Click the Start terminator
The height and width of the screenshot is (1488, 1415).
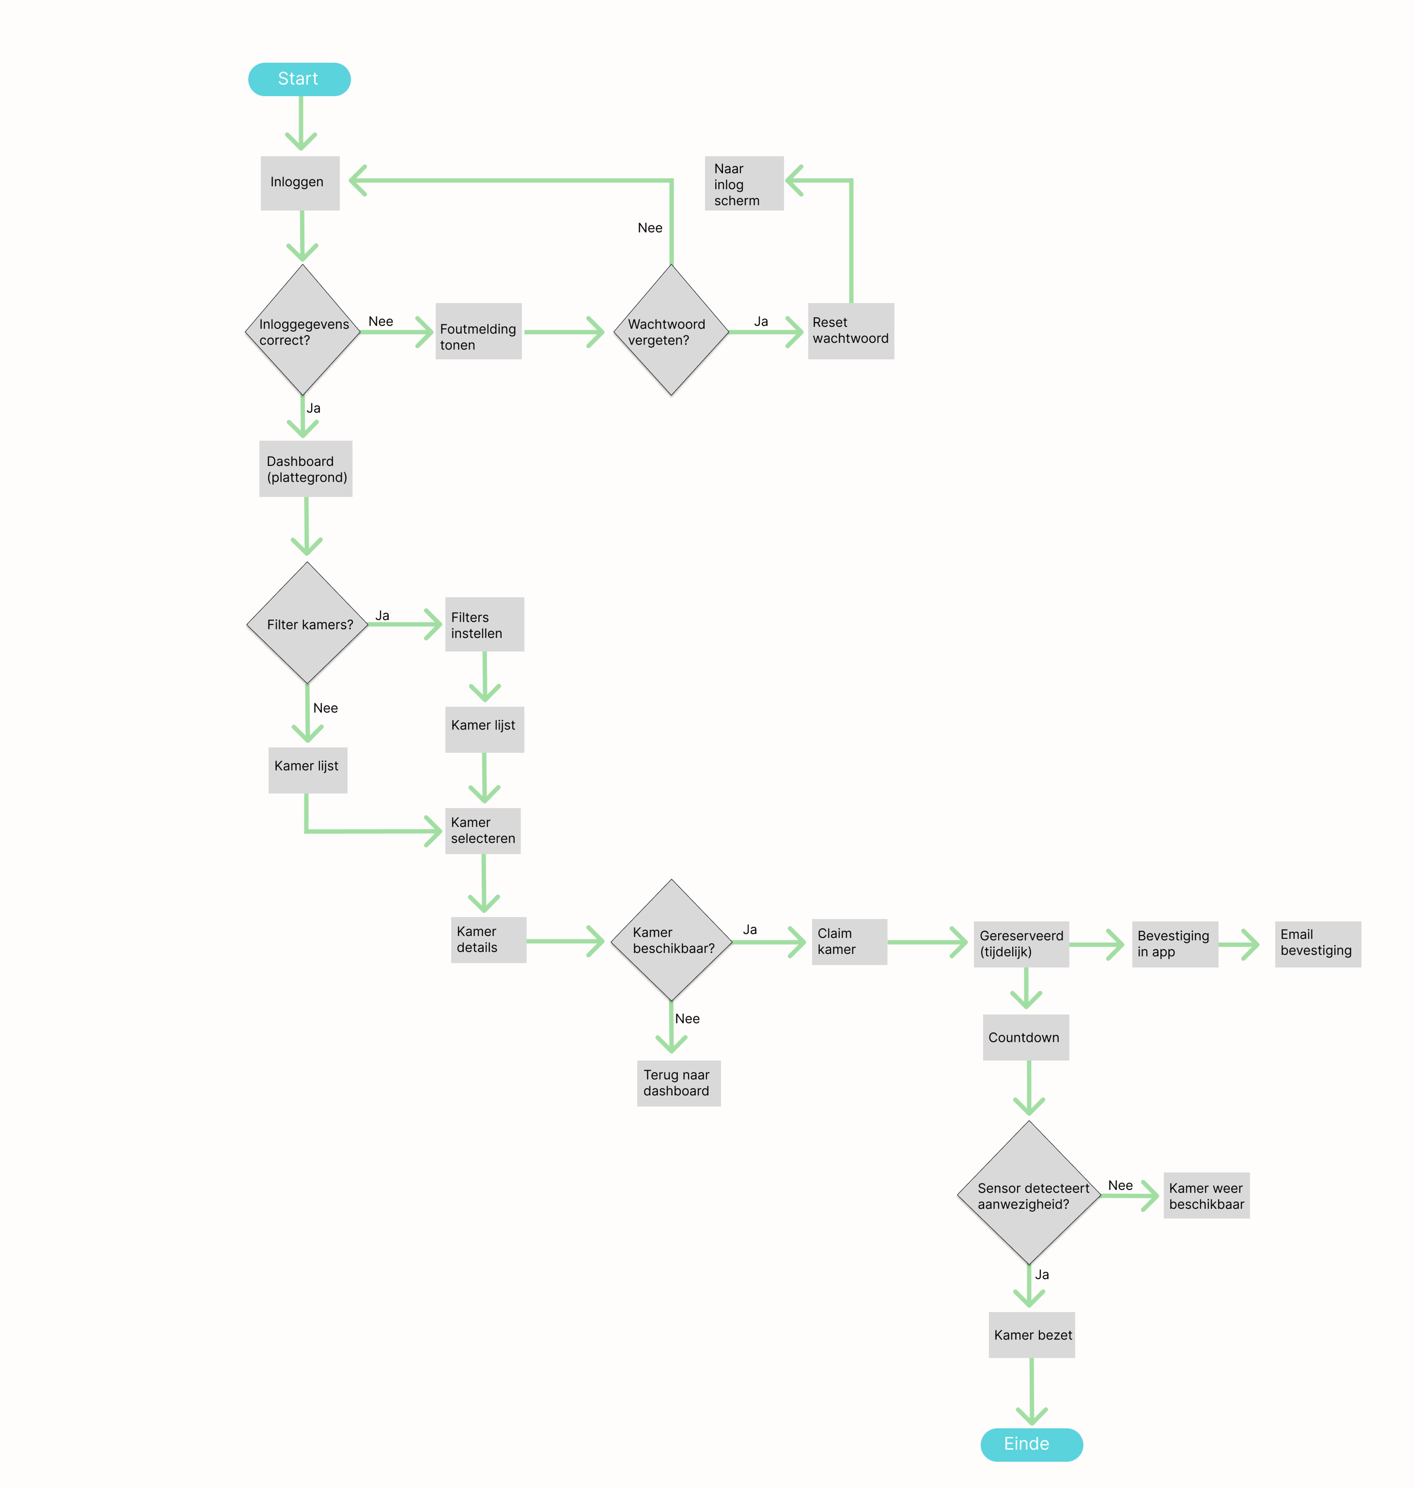point(299,79)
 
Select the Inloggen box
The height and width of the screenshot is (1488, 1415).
point(299,183)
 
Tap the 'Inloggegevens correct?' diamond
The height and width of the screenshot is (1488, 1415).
point(302,330)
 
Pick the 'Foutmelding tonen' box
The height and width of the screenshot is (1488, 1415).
point(478,331)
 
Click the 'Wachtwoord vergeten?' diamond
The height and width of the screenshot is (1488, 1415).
point(671,330)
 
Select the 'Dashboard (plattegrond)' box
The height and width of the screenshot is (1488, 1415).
point(305,468)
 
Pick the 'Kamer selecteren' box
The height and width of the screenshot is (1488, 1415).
point(483,831)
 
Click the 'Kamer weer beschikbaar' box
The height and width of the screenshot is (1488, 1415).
point(1206,1195)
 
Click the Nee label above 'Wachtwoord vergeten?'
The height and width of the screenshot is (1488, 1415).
point(650,228)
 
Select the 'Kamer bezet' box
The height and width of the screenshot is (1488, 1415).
point(1031,1335)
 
